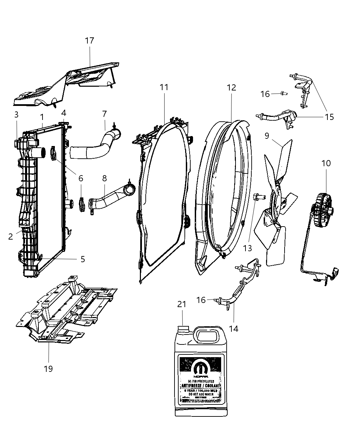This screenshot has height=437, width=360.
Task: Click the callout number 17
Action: [x=89, y=40]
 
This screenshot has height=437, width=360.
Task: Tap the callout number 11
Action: [x=164, y=87]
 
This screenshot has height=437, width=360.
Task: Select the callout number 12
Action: [x=231, y=87]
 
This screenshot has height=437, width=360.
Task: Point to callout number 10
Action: [x=326, y=163]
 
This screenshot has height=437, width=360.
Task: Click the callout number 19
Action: [x=48, y=369]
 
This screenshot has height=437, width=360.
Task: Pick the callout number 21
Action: [x=182, y=304]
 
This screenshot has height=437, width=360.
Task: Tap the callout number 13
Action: [x=248, y=248]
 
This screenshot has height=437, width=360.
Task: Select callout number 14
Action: [x=233, y=328]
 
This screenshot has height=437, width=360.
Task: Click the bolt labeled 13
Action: [x=258, y=197]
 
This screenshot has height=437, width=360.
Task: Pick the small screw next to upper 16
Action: [x=283, y=93]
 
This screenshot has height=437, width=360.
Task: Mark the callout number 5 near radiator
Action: [x=83, y=259]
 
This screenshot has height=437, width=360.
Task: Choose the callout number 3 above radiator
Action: [x=16, y=114]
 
